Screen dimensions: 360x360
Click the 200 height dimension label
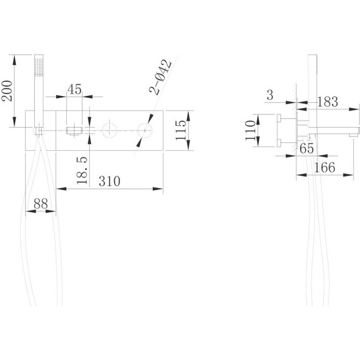point(7,91)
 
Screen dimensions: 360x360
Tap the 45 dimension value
point(75,89)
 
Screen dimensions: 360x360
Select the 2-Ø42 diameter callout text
point(160,78)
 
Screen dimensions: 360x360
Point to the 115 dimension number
point(181,130)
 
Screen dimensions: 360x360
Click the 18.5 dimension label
point(82,171)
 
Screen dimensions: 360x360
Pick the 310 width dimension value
point(109,181)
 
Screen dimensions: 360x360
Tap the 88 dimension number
point(40,203)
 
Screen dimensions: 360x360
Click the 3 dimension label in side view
point(270,95)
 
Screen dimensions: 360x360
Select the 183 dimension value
point(327,102)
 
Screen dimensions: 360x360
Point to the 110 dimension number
point(251,130)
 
